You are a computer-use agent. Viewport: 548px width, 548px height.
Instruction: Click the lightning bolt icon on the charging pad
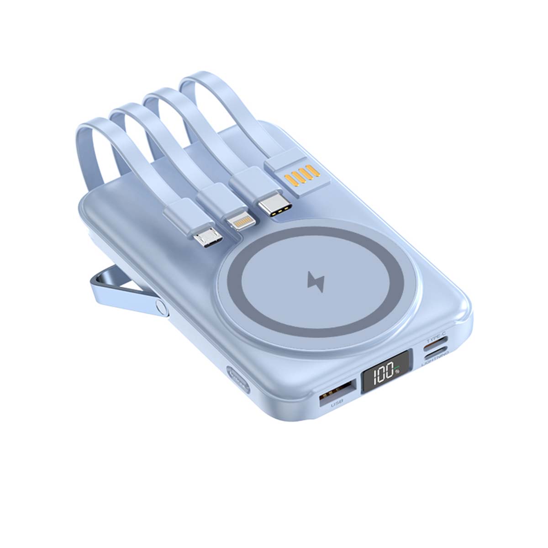click(x=316, y=282)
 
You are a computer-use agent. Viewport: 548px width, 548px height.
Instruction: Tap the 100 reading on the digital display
click(x=382, y=376)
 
